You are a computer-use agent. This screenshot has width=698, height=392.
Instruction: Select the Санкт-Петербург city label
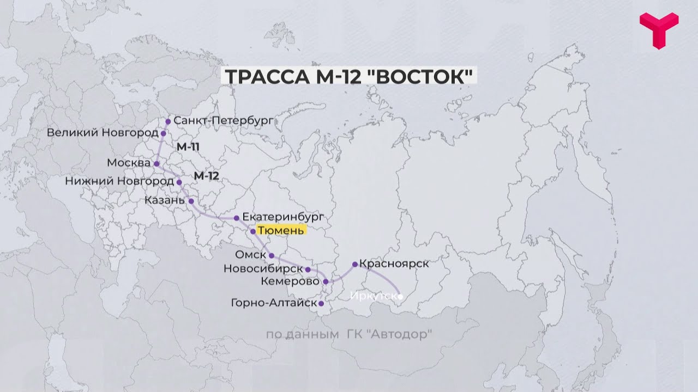pyautogui.click(x=222, y=120)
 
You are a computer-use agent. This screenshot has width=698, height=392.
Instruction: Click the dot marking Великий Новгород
pyautogui.click(x=163, y=133)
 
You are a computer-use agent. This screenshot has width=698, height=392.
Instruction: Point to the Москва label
pyautogui.click(x=129, y=163)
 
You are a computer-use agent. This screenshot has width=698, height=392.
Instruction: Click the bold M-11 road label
pyautogui.click(x=189, y=147)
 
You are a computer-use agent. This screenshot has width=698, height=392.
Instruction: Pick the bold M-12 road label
pyautogui.click(x=206, y=176)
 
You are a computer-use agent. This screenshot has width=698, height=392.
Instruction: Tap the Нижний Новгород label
pyautogui.click(x=119, y=181)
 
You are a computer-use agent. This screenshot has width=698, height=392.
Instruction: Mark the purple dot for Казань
pyautogui.click(x=191, y=201)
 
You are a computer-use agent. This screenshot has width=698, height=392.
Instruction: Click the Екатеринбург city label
pyautogui.click(x=283, y=217)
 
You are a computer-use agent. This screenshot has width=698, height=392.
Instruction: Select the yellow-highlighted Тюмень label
pyautogui.click(x=280, y=231)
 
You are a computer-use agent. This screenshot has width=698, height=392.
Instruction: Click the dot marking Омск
pyautogui.click(x=272, y=255)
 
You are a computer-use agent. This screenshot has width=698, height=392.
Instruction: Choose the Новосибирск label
pyautogui.click(x=263, y=269)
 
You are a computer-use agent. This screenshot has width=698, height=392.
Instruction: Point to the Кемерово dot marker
pyautogui.click(x=326, y=281)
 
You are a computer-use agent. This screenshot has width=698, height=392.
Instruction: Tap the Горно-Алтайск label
pyautogui.click(x=274, y=303)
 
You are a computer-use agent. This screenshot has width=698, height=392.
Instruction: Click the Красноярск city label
pyautogui.click(x=394, y=264)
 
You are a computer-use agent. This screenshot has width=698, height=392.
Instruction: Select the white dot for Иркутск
pyautogui.click(x=400, y=297)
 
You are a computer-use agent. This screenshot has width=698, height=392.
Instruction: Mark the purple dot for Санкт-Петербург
pyautogui.click(x=168, y=121)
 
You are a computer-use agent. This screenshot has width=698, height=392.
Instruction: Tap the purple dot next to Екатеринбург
pyautogui.click(x=237, y=218)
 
